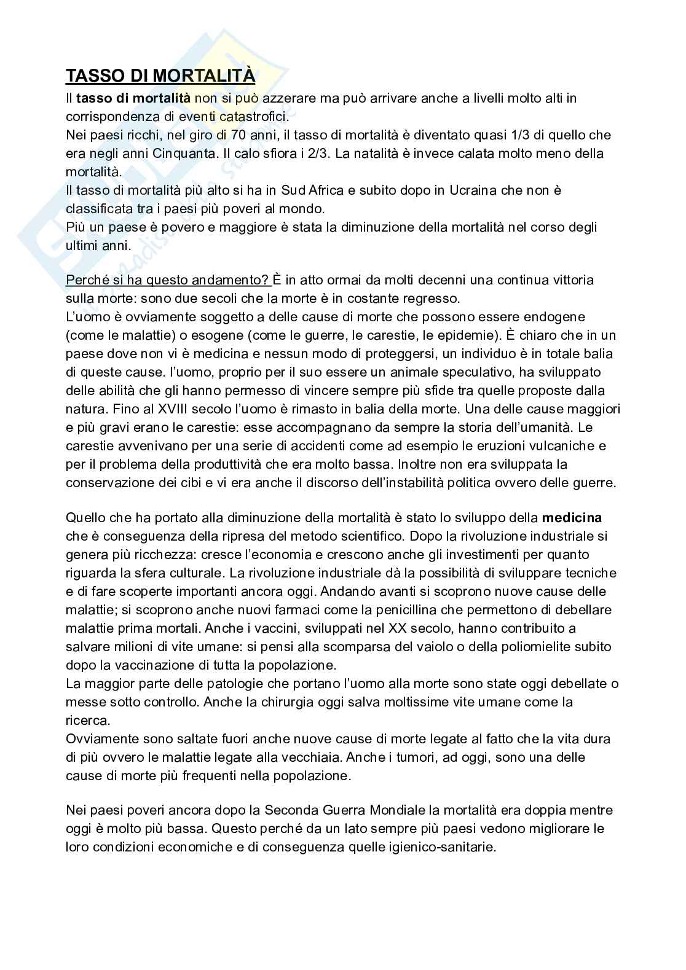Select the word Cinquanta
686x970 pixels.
(184, 153)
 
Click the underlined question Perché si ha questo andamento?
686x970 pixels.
(167, 280)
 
